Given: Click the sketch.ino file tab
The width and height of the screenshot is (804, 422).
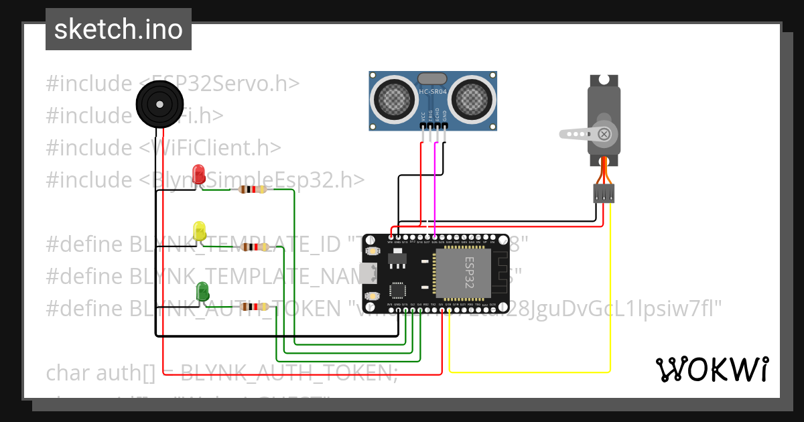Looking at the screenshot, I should click(119, 29).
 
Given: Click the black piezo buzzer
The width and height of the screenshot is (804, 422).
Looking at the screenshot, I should click(159, 104).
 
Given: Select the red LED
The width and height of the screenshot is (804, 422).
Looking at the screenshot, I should click(199, 175).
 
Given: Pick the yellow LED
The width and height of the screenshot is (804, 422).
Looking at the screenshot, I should click(199, 232).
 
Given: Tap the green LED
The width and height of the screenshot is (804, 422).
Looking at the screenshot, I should click(202, 292).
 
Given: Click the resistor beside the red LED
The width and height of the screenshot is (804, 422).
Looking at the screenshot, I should click(249, 190).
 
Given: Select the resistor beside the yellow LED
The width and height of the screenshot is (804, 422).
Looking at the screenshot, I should click(255, 247).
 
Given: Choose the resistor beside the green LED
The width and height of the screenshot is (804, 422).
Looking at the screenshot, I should click(254, 307).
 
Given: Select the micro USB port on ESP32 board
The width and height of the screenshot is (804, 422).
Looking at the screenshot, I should click(366, 273).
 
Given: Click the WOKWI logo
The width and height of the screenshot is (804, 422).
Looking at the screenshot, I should click(712, 370).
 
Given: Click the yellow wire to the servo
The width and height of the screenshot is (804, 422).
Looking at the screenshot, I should click(610, 301).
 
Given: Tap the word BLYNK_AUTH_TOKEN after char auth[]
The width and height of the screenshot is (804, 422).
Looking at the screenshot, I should click(288, 372).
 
